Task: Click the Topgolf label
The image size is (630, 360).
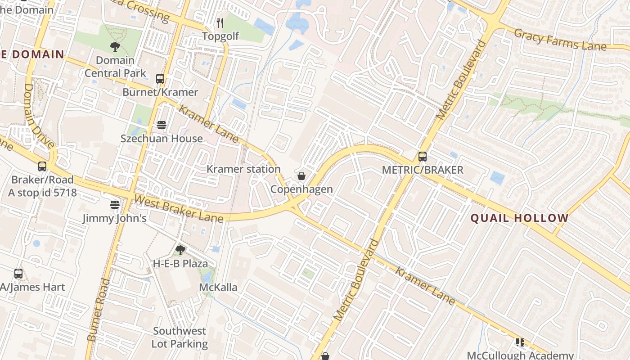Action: click(x=220, y=36)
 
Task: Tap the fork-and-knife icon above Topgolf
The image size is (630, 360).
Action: click(x=220, y=22)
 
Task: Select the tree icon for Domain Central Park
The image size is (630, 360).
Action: click(x=115, y=46)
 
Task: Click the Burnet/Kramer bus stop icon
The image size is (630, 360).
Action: click(x=160, y=78)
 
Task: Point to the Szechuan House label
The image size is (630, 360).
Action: click(x=162, y=138)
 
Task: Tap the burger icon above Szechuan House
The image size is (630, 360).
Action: click(x=162, y=125)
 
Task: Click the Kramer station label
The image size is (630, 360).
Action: click(x=243, y=169)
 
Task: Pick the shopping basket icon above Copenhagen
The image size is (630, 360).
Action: click(x=301, y=175)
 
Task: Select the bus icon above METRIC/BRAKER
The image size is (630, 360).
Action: click(x=422, y=156)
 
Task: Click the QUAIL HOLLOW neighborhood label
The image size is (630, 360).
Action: click(x=520, y=218)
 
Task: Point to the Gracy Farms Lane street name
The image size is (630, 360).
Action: click(x=560, y=40)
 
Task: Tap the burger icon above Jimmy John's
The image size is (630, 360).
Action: click(x=115, y=205)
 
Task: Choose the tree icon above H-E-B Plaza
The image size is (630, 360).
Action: click(x=180, y=250)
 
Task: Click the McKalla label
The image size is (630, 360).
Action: click(x=218, y=287)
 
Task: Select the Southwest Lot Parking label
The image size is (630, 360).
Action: click(x=180, y=337)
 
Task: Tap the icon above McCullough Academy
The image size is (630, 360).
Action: click(x=520, y=342)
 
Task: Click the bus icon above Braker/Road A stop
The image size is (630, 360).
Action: click(x=42, y=166)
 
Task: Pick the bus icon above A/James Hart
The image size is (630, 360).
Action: click(x=18, y=273)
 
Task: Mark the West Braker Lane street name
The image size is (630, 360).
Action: click(x=179, y=208)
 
